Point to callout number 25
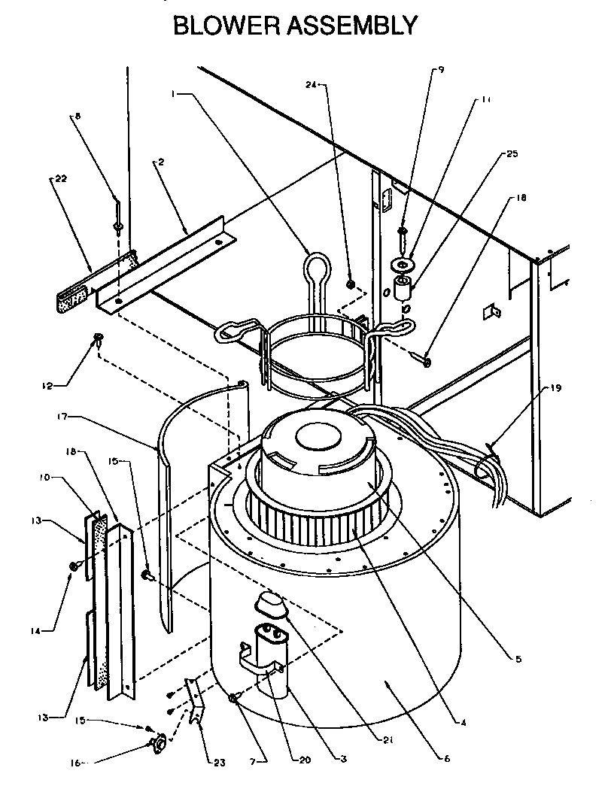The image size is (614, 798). [512, 153]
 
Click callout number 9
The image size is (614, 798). [441, 70]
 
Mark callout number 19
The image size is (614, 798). [555, 389]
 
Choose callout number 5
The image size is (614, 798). [518, 659]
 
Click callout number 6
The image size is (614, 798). [446, 759]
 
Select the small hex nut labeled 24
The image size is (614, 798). [351, 284]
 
